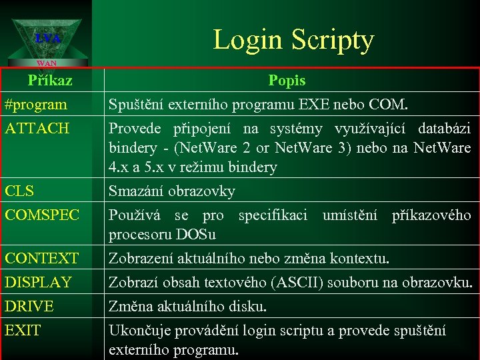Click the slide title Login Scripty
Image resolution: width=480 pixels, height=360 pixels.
click(x=293, y=40)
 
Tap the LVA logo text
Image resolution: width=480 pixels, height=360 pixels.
click(x=48, y=39)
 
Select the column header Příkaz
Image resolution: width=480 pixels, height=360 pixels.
click(x=50, y=81)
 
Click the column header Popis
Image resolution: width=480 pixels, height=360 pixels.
click(x=287, y=81)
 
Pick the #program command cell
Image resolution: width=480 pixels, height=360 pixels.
click(x=35, y=105)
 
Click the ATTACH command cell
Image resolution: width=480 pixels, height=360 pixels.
click(x=37, y=128)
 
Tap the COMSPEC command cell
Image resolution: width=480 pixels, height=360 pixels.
click(x=42, y=215)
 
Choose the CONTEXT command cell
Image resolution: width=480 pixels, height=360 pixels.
click(x=41, y=258)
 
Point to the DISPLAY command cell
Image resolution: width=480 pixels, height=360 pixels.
click(x=38, y=282)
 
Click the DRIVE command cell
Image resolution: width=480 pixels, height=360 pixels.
click(x=29, y=307)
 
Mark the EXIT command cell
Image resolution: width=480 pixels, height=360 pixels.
click(x=23, y=330)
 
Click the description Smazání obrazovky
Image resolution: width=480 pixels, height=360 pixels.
click(x=172, y=192)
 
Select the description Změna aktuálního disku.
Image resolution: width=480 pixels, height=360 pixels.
click(x=187, y=307)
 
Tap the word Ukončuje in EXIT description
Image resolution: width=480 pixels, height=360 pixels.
click(x=141, y=331)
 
